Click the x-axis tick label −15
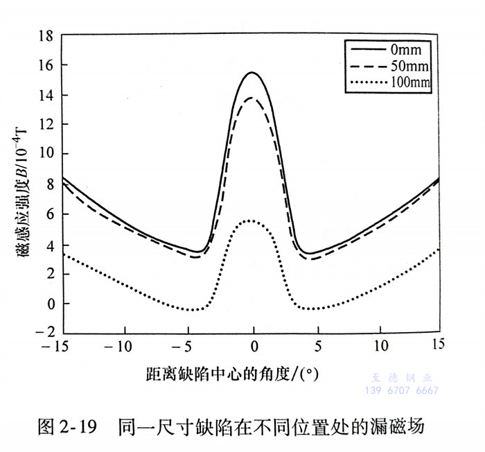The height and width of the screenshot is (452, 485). pos(56,345)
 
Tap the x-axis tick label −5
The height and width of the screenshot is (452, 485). pos(187,345)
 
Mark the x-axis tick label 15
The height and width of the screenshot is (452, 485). pos(438,345)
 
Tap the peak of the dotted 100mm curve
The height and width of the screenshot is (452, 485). pos(250,220)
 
